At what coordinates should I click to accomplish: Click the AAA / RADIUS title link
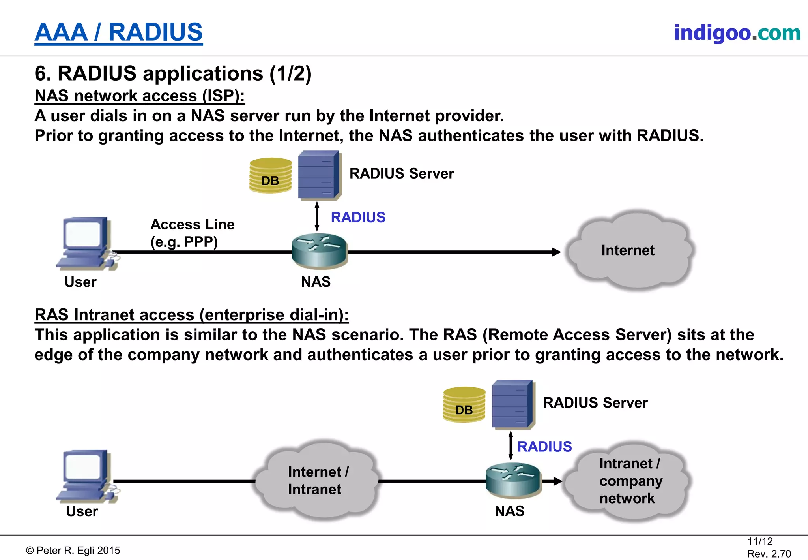118,32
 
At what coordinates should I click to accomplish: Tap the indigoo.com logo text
737,33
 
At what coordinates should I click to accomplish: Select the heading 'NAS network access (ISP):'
140,96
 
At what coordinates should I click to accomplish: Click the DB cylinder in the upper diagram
271,175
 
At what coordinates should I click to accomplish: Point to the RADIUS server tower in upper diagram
319,175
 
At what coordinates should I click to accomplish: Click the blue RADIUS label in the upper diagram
358,218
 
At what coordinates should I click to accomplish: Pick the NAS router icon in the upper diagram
320,250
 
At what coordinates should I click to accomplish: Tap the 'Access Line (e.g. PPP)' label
192,233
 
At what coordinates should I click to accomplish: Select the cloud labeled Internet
628,250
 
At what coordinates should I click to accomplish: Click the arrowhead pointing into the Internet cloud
556,252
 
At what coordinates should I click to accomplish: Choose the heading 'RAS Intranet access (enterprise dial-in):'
192,315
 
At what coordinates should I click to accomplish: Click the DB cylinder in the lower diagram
464,405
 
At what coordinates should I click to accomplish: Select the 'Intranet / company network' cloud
627,481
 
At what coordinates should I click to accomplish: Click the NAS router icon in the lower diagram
513,479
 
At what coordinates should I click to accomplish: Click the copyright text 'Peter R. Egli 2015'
73,551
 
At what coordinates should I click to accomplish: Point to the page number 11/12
760,541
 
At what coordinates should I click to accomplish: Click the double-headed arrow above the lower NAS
511,446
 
